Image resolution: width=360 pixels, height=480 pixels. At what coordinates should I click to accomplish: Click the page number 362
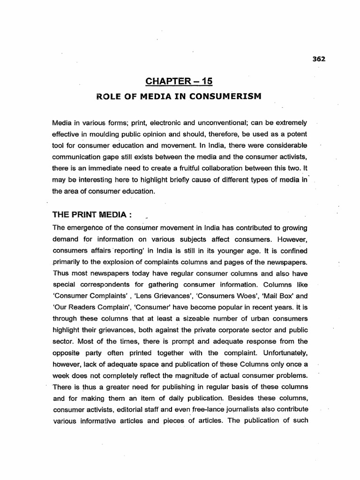[318, 59]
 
